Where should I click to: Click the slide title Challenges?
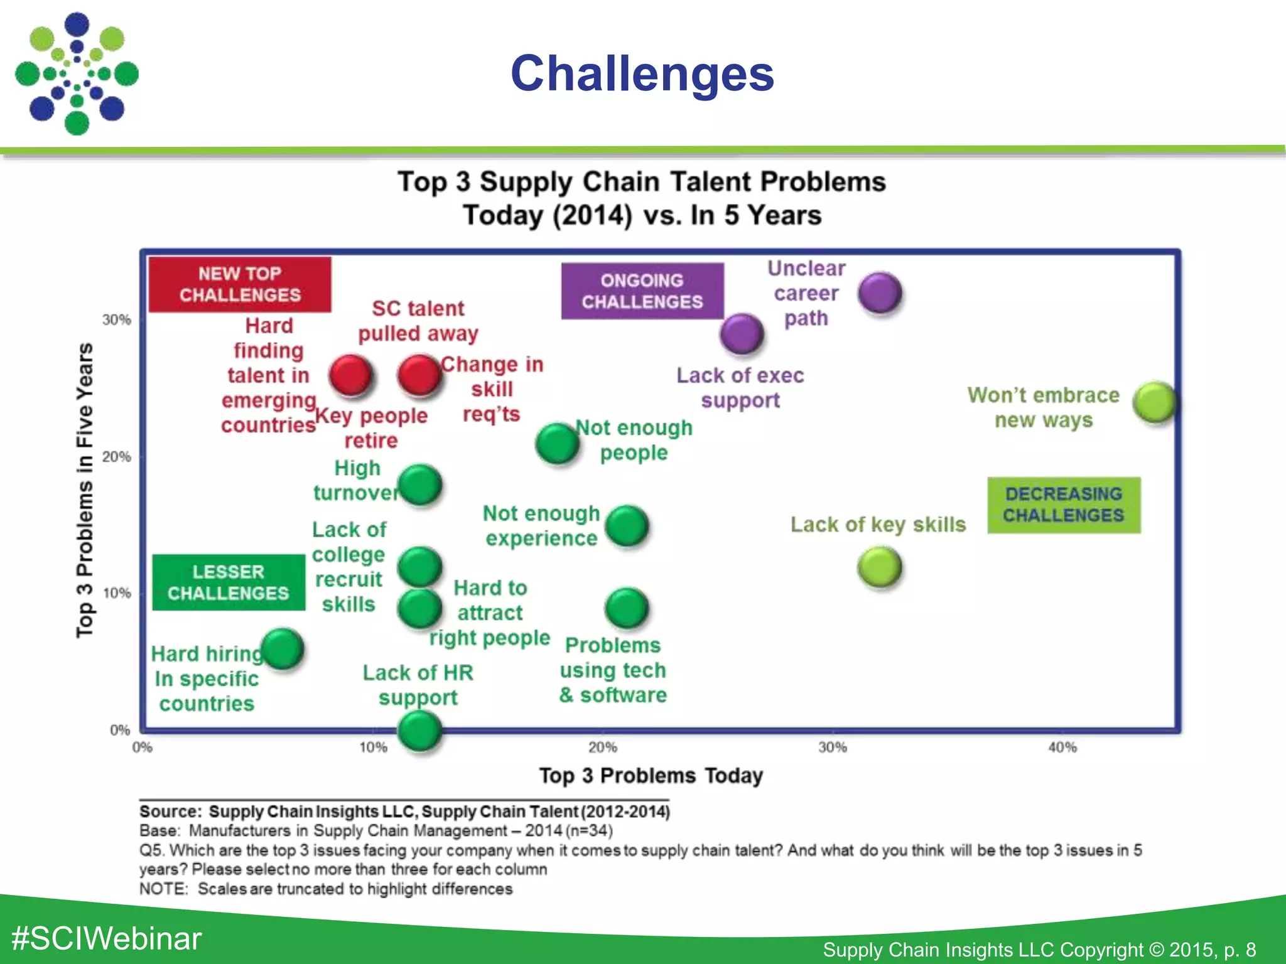tap(642, 73)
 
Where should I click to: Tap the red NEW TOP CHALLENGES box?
tap(240, 284)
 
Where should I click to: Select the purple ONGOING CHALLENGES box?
tap(642, 291)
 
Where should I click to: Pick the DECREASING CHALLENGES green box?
tap(1063, 505)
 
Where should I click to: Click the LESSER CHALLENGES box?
tap(228, 582)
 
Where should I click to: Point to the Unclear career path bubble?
tap(880, 292)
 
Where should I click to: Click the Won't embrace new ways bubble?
tap(1155, 402)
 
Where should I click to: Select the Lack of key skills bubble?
tap(879, 567)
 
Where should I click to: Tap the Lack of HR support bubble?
tap(419, 731)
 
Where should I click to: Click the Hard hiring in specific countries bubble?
tap(283, 649)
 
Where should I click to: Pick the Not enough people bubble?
tap(557, 443)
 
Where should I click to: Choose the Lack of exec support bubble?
tap(742, 334)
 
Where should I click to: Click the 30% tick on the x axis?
tap(833, 747)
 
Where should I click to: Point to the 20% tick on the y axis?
tap(117, 457)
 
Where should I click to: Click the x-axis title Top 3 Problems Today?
tap(651, 776)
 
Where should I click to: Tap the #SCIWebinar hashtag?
tap(107, 938)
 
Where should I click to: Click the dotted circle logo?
tap(77, 74)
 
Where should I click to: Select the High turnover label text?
tap(357, 481)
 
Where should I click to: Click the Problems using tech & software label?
tap(613, 670)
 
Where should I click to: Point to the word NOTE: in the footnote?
tap(163, 889)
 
